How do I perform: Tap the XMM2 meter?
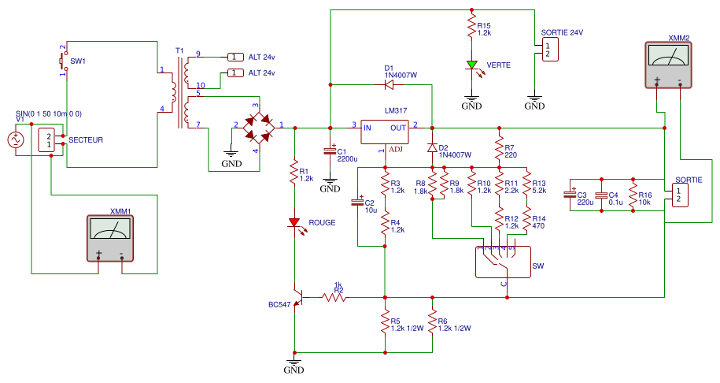point(667,61)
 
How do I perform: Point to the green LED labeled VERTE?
point(471,65)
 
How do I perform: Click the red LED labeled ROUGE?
point(294,223)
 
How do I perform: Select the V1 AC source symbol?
point(15,140)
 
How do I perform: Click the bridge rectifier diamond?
point(256,128)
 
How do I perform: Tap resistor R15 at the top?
point(471,30)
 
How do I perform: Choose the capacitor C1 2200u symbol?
point(330,151)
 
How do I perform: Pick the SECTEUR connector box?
point(48,140)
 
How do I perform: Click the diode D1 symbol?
point(389,84)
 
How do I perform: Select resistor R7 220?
point(499,148)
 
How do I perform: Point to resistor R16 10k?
point(632,196)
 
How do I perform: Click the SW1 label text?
point(77,61)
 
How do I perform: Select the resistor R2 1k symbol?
point(338,297)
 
